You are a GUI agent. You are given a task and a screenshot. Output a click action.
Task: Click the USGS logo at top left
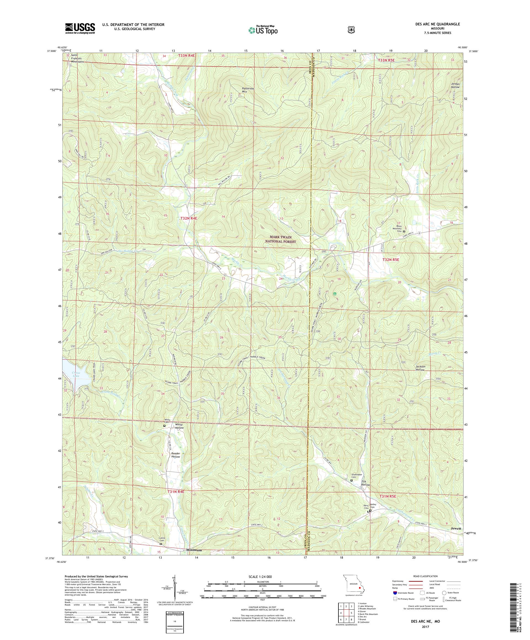point(79,29)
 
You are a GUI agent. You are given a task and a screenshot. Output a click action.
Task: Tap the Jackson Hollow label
point(420,368)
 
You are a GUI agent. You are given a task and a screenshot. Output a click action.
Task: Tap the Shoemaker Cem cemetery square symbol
point(351,480)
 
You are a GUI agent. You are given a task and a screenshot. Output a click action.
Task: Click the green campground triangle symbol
point(335,294)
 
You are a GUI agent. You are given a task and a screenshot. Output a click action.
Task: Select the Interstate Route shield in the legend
point(395,601)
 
